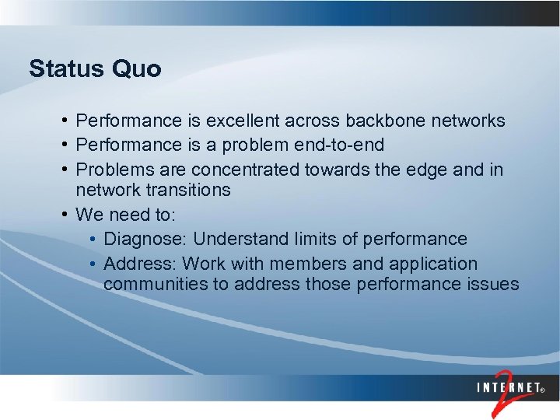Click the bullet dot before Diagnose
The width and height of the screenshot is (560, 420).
[93, 239]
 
